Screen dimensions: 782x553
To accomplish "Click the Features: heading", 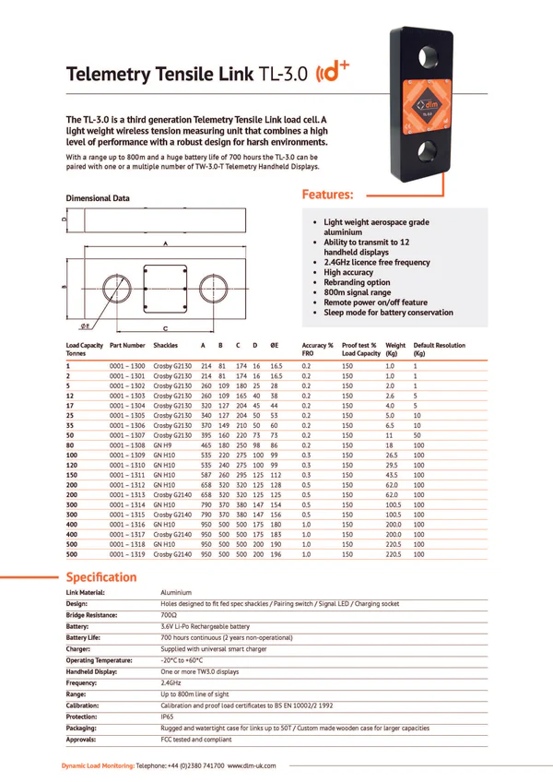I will click(x=328, y=195).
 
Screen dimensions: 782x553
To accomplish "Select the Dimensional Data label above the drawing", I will click(x=98, y=198).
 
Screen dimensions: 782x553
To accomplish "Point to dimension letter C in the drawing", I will click(x=164, y=328).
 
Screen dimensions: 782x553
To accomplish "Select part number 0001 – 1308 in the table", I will click(x=127, y=445).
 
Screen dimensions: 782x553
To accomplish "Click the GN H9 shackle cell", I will click(x=164, y=445).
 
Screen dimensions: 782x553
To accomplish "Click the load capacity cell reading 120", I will click(x=73, y=466).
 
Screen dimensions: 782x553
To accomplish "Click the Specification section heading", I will click(x=101, y=577).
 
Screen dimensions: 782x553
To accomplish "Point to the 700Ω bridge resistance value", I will click(x=170, y=614).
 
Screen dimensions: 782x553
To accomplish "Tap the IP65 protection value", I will click(x=168, y=716).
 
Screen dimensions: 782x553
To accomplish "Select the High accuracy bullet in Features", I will click(x=348, y=273).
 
